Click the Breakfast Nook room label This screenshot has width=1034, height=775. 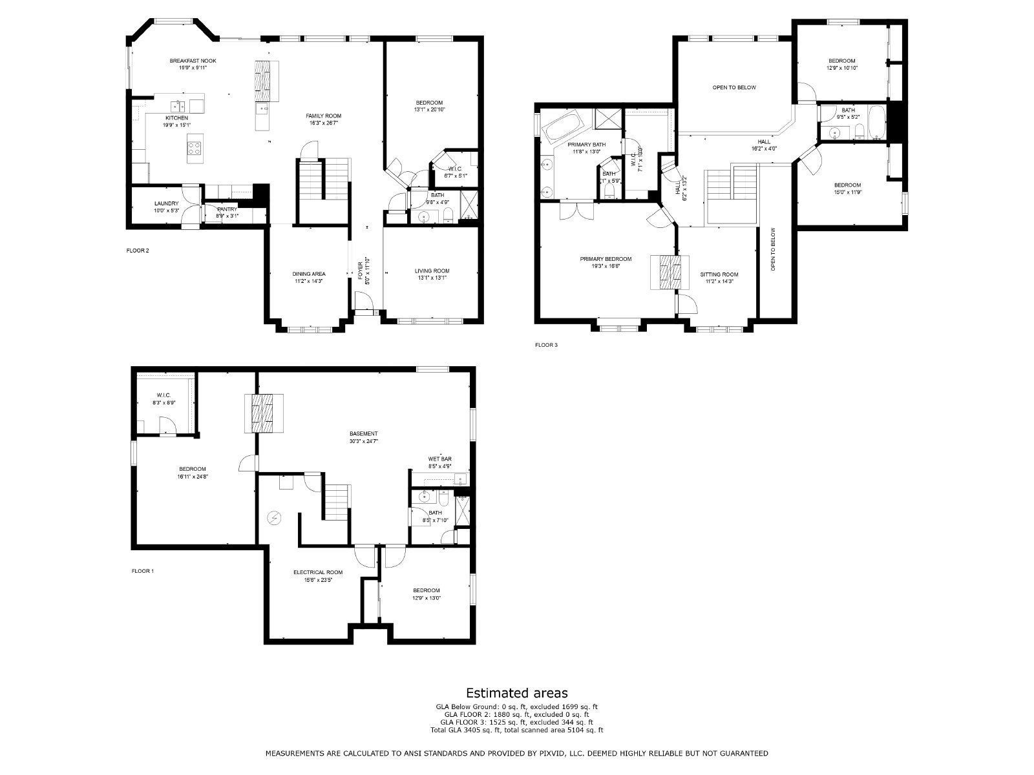(193, 61)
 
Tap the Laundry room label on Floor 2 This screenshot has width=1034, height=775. (162, 203)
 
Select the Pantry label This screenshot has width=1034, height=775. (227, 209)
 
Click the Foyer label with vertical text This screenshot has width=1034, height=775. (361, 271)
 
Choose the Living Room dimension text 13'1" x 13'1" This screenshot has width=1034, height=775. (432, 278)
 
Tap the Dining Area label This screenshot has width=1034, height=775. (308, 274)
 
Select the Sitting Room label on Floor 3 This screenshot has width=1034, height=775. (719, 274)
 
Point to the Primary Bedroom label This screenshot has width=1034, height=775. (606, 259)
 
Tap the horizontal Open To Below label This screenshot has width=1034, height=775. (733, 87)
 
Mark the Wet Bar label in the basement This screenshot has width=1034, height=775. (439, 459)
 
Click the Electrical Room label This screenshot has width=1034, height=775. (318, 572)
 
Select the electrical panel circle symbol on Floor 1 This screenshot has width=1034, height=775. (275, 518)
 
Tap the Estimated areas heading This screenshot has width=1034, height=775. (517, 693)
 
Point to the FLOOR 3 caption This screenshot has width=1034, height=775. (546, 345)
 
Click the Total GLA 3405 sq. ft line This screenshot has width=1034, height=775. (517, 730)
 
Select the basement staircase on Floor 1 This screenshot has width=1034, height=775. (337, 503)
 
